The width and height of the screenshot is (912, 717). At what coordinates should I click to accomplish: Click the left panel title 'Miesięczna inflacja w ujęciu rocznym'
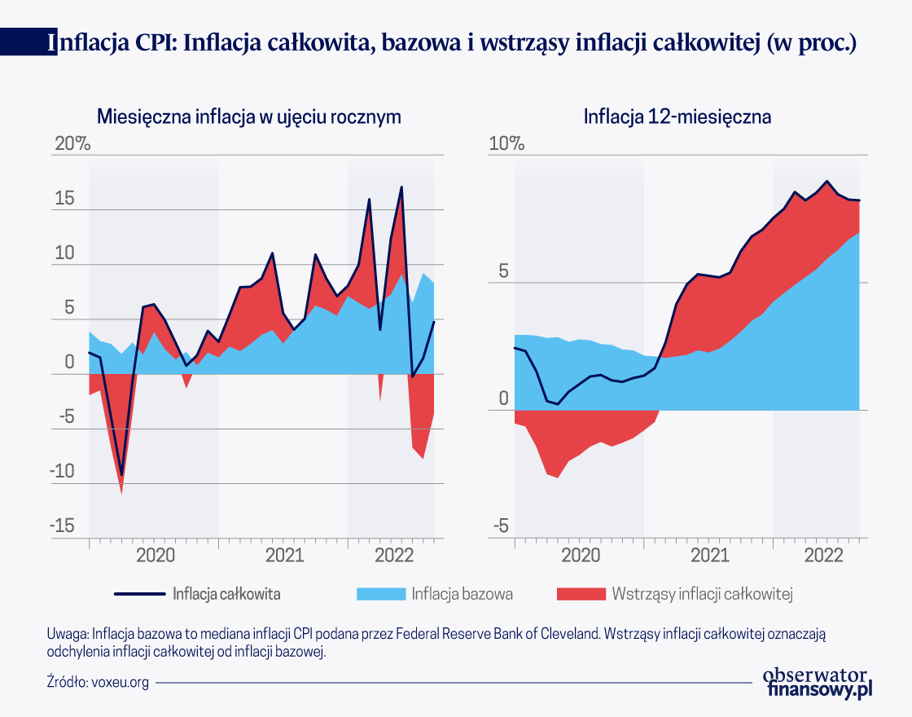click(249, 116)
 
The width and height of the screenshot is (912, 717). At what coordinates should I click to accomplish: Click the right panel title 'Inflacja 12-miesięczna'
click(677, 116)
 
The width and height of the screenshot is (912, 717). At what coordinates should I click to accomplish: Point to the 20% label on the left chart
click(72, 144)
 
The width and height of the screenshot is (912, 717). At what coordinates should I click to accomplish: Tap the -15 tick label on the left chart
click(63, 526)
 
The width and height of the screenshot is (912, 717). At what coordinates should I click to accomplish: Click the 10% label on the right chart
click(506, 144)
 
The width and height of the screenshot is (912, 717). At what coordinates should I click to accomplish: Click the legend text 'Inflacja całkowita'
click(226, 593)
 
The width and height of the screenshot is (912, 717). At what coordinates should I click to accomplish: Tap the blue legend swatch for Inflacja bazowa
click(380, 593)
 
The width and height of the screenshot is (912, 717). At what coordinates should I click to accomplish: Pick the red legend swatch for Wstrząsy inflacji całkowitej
click(581, 593)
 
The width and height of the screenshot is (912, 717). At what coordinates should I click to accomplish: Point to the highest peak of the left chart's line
click(401, 187)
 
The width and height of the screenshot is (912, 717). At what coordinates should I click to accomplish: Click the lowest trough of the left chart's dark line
click(122, 474)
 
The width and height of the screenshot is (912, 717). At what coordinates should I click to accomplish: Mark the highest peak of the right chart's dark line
click(827, 181)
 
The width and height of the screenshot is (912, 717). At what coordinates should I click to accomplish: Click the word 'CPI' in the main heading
click(149, 42)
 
